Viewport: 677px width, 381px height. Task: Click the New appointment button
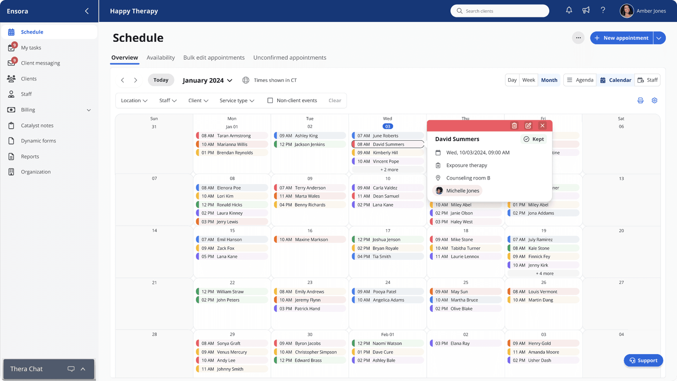(622, 38)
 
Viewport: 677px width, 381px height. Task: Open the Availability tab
(161, 58)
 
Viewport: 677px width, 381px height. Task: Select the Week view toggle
(528, 80)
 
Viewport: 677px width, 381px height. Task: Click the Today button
(161, 80)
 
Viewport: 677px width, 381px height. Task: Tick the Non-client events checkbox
(270, 100)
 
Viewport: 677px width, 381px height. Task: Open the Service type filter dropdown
(237, 100)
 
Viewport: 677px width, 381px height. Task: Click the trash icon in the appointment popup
(514, 126)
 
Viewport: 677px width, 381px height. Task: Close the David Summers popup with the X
(542, 126)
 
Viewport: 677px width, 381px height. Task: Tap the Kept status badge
(534, 139)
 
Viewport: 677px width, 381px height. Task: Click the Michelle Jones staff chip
(457, 191)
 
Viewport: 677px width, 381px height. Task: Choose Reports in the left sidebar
(30, 156)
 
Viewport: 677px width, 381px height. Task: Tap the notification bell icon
(569, 11)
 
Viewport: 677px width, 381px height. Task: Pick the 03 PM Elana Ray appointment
(465, 343)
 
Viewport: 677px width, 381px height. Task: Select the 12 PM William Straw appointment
(232, 292)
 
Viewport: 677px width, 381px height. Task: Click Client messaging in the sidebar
(40, 63)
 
